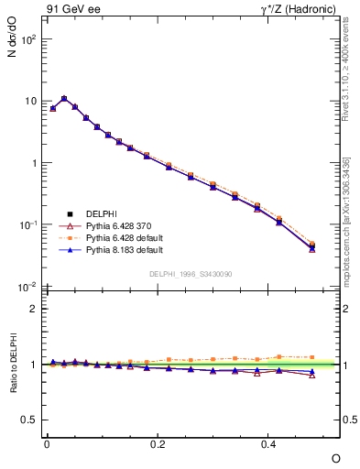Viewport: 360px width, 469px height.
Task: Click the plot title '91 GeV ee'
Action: coord(70,10)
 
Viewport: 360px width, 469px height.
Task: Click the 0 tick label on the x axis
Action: coord(47,444)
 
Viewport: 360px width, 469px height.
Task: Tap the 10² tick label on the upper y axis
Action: coord(28,39)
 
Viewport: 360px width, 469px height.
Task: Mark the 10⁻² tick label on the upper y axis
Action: coord(28,287)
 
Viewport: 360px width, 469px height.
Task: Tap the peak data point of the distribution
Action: coord(64,98)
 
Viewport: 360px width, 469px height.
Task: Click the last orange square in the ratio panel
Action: coord(311,357)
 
